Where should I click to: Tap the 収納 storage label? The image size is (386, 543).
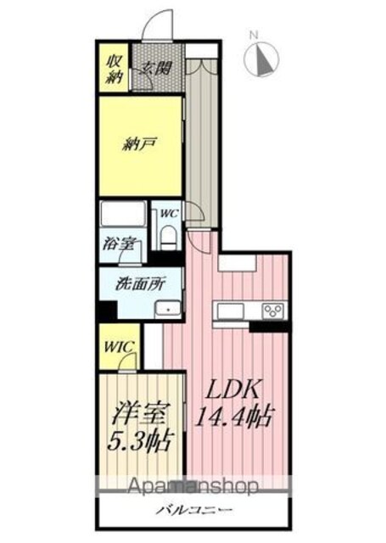click(115, 69)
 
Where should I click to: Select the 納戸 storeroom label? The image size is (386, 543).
click(140, 143)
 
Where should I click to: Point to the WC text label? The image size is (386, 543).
click(169, 213)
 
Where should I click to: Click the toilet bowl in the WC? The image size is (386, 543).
click(169, 237)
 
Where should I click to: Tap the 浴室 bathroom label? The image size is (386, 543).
click(118, 244)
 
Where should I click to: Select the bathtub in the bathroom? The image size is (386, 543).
click(123, 214)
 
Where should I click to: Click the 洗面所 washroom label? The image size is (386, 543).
click(140, 284)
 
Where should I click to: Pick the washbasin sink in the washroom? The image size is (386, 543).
click(168, 308)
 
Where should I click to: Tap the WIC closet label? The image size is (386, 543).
click(120, 346)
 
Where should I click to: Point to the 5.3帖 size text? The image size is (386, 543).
click(140, 441)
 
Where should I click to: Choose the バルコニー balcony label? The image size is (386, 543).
click(193, 510)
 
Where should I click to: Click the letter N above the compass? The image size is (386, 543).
click(255, 35)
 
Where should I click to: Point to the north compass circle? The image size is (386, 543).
click(261, 59)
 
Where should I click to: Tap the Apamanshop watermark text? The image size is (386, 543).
click(193, 486)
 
